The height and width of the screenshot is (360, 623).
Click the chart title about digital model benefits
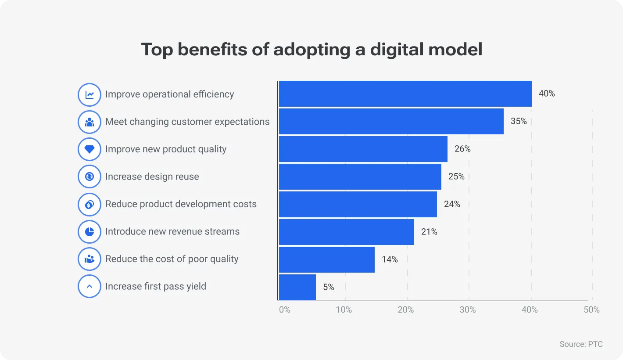click(x=311, y=50)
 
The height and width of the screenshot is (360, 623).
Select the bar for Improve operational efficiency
click(x=405, y=94)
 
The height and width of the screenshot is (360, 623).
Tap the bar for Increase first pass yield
click(x=297, y=287)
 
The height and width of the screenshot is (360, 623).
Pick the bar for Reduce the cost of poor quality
click(x=327, y=259)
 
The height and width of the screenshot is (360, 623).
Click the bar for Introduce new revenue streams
click(x=347, y=232)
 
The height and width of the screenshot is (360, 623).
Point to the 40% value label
click(x=547, y=94)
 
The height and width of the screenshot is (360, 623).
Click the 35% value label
click(x=519, y=121)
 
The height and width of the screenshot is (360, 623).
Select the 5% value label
click(x=329, y=287)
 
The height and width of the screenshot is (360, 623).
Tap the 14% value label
click(x=390, y=259)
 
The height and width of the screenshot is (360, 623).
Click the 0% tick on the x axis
click(x=285, y=310)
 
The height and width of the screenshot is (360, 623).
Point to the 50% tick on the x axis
click(x=591, y=310)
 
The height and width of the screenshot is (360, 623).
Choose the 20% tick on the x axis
click(x=406, y=310)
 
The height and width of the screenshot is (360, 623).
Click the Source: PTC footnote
click(x=581, y=344)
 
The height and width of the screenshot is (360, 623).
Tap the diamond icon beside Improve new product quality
click(x=90, y=149)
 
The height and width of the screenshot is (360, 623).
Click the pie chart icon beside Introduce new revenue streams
click(x=90, y=232)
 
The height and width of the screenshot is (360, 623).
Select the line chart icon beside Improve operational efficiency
click(x=90, y=94)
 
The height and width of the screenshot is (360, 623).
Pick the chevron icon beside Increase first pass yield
click(x=90, y=287)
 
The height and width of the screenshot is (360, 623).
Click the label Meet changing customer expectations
click(x=187, y=122)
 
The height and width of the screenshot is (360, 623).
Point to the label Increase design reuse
click(x=152, y=176)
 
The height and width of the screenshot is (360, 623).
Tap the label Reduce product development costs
click(x=181, y=204)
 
